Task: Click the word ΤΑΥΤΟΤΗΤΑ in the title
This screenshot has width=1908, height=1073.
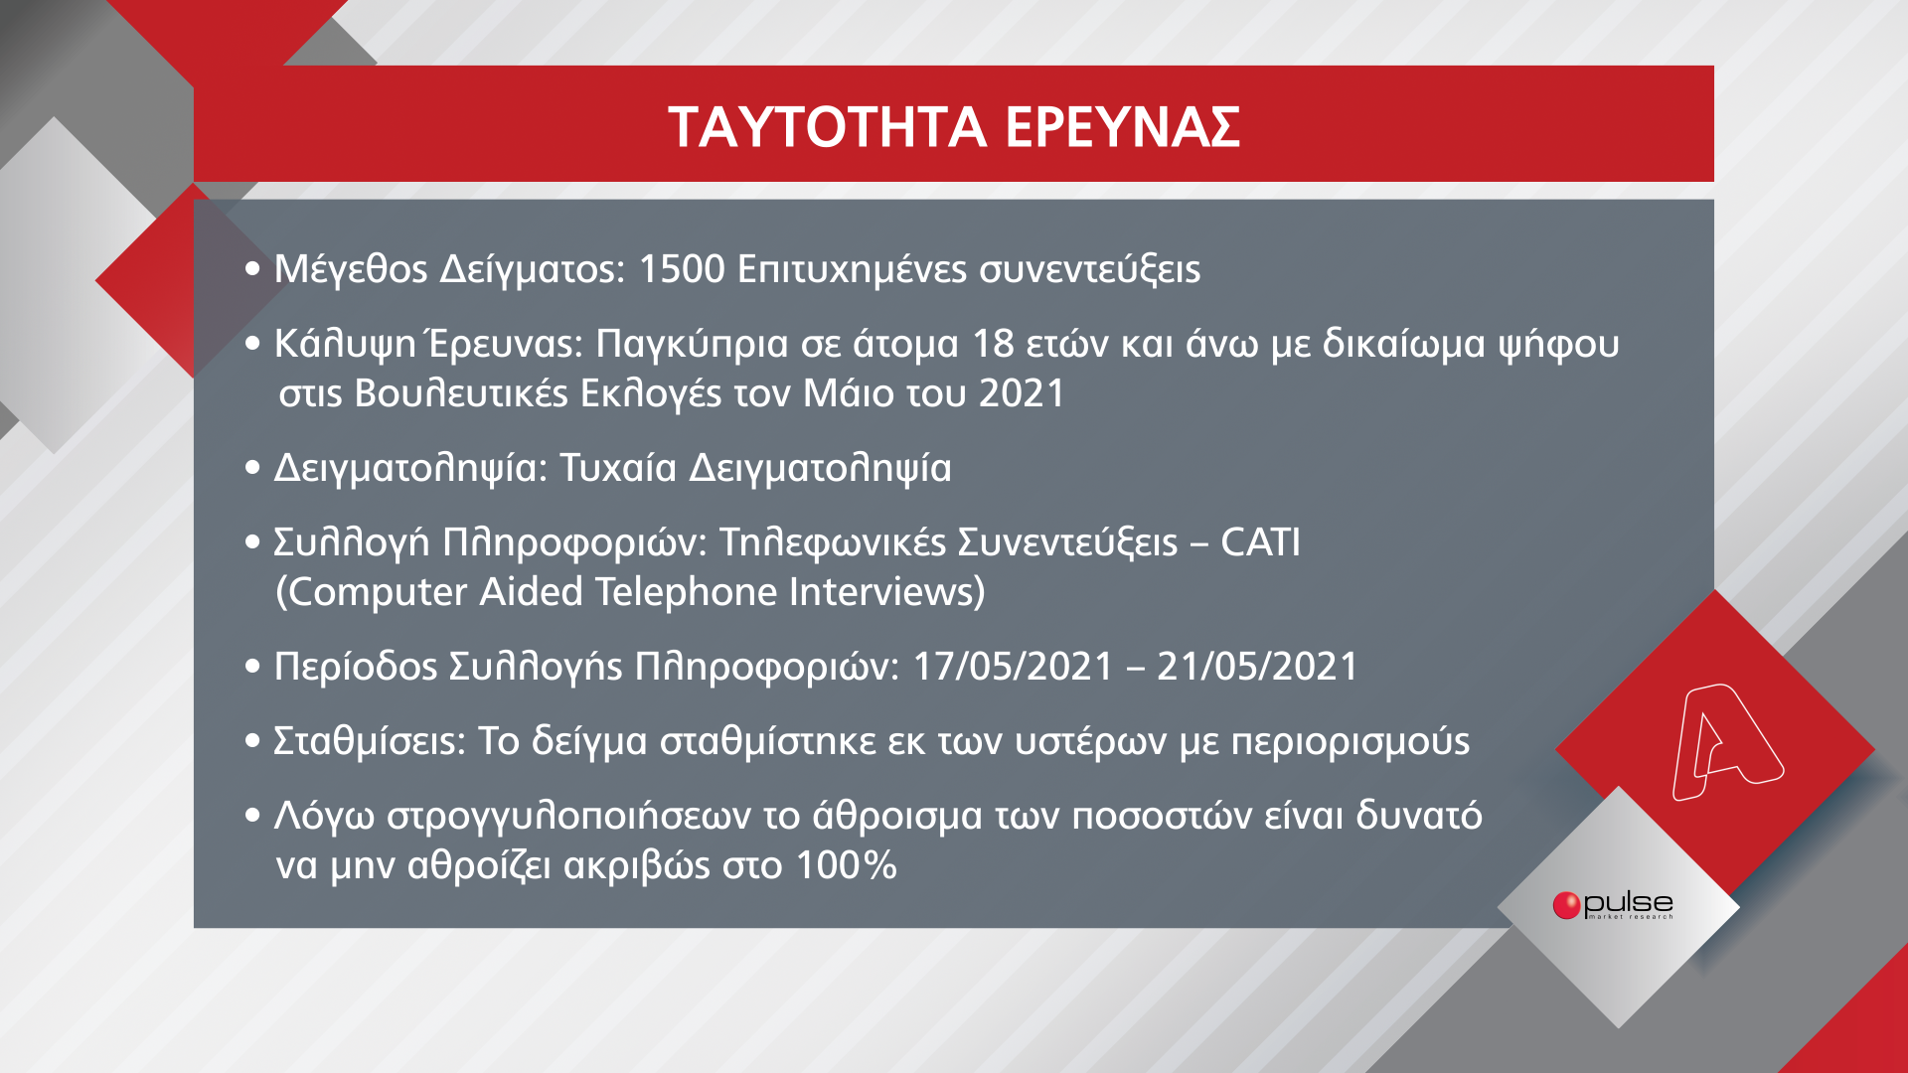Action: [827, 127]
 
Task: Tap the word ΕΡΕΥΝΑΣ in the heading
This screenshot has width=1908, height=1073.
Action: [1123, 127]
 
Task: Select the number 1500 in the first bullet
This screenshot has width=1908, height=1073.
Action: [682, 269]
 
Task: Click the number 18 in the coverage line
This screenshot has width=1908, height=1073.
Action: [993, 344]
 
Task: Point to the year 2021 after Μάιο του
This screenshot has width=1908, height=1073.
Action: [1022, 393]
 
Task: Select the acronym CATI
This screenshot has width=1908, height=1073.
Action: [1260, 542]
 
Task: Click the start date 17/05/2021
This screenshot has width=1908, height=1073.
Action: [1013, 667]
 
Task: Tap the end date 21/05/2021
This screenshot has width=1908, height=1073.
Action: [1257, 667]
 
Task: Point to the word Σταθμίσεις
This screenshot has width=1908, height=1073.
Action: [369, 742]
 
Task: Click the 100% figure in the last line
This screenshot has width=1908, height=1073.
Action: [847, 865]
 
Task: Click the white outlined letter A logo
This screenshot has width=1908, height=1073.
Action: [1726, 741]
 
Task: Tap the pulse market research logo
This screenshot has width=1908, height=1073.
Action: [1613, 905]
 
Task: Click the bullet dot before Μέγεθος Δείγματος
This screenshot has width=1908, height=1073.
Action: [252, 269]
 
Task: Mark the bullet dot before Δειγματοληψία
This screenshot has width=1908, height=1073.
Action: [252, 468]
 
